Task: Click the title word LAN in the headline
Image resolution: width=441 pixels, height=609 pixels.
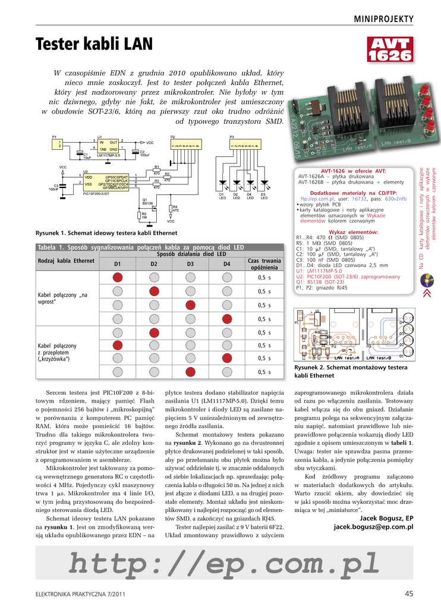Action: click(x=136, y=44)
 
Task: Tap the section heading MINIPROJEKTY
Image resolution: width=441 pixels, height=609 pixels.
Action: click(x=383, y=19)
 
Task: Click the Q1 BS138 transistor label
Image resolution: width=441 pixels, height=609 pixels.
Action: click(x=148, y=202)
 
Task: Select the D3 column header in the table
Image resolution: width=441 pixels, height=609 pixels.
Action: click(x=190, y=263)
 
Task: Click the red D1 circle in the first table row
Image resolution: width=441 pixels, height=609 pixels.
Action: click(x=118, y=277)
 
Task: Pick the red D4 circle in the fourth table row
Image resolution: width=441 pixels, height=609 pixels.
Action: click(x=226, y=319)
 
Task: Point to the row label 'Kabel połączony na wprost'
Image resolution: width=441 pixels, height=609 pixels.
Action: click(x=62, y=299)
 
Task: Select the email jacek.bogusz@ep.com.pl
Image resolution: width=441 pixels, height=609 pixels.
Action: click(x=373, y=527)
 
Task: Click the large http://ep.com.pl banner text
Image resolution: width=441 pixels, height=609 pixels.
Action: click(x=224, y=562)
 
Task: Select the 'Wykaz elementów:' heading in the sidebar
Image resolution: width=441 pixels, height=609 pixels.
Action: click(x=354, y=231)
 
